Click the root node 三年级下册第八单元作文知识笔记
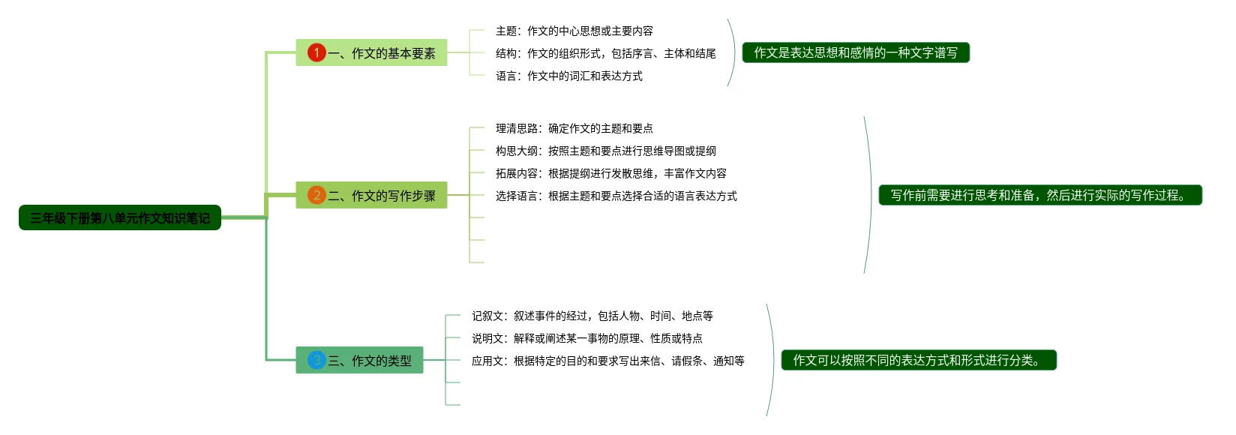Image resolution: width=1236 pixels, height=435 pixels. point(120,217)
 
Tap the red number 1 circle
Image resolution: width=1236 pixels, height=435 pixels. point(316,52)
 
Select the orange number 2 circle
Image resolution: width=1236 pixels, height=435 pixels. point(316,195)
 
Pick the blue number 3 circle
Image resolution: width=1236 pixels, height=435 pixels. point(316,360)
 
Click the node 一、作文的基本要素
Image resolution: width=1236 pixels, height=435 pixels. point(371,52)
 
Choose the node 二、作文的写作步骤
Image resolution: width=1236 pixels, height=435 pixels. point(371,195)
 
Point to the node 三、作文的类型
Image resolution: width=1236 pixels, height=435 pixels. point(359,360)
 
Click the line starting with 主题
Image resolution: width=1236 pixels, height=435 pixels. point(574,31)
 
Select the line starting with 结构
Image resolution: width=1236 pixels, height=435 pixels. point(605,53)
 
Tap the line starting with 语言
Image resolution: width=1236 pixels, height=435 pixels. point(569,76)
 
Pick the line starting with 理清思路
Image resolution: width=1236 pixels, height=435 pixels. point(574,128)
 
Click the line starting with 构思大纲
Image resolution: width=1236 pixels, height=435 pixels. point(605,151)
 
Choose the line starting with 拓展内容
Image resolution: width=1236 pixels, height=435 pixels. point(610,174)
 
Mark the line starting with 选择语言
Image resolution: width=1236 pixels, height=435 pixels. point(616,196)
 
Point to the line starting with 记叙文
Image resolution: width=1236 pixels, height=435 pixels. point(592,316)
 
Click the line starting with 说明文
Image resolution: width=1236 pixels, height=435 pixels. point(587,338)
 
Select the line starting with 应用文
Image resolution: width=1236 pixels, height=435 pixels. point(608,361)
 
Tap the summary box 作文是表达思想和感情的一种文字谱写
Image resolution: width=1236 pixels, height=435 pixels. point(856,52)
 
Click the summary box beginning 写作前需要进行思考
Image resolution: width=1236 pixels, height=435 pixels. point(1040,195)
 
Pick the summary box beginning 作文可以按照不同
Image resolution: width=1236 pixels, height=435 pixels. point(919,360)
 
